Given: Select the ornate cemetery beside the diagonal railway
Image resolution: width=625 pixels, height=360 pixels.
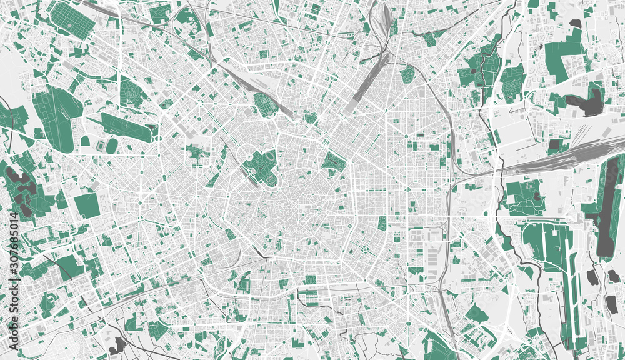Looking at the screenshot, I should tap(266, 104).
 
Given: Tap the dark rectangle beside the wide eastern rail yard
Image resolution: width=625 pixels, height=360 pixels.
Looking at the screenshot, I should tap(554, 146).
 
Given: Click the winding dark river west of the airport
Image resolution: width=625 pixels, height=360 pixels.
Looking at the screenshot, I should tap(512, 250).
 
